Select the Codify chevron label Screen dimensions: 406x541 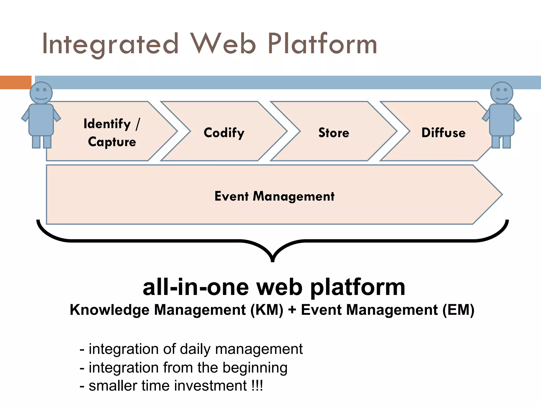tap(224, 132)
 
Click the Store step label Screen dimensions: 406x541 tap(334, 132)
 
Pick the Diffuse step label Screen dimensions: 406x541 tap(443, 132)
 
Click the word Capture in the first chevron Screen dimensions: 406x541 tap(112, 142)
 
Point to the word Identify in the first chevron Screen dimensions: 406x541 tap(107, 124)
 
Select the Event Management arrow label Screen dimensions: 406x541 tap(274, 196)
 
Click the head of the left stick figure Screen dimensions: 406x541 tap(41, 93)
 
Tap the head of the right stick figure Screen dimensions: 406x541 tap(502, 93)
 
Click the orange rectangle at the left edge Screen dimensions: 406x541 tap(16, 82)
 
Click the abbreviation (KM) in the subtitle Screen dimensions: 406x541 tap(267, 310)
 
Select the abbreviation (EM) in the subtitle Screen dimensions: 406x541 tap(459, 310)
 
